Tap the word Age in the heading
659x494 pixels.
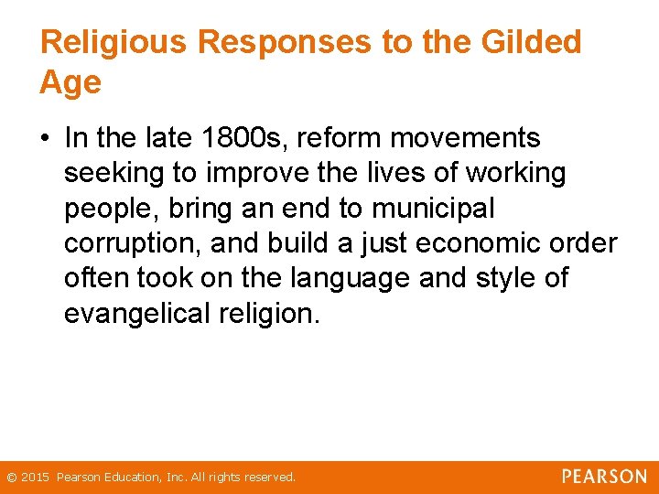pyautogui.click(x=70, y=83)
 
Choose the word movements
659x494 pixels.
pyautogui.click(x=466, y=138)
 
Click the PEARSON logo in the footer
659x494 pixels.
pyautogui.click(x=604, y=477)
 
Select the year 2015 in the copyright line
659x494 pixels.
pyautogui.click(x=36, y=478)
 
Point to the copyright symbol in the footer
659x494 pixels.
pyautogui.click(x=11, y=478)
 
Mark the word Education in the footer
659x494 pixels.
pyautogui.click(x=130, y=478)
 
